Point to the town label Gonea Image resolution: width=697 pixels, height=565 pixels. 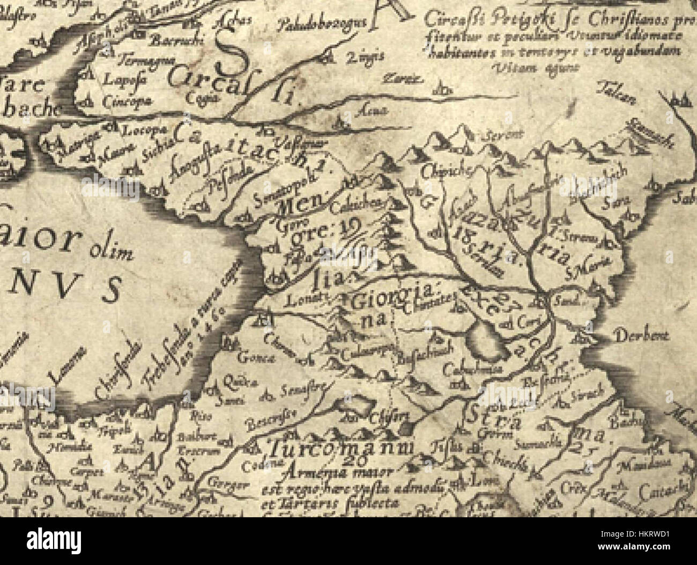tap(251, 358)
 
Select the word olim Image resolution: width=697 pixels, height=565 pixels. tap(110, 251)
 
